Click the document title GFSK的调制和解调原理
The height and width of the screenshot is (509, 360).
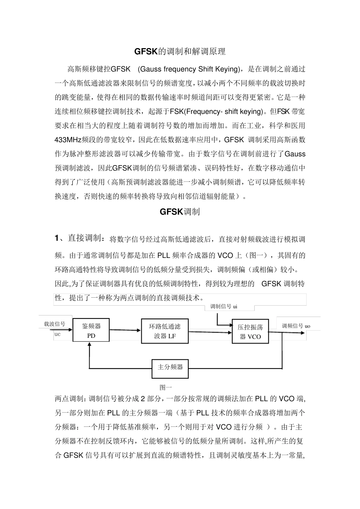coord(180,52)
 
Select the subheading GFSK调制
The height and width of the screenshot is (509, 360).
coord(180,212)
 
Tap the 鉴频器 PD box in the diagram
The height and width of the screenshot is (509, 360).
coord(91,331)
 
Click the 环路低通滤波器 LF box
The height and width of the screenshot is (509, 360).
coord(165,331)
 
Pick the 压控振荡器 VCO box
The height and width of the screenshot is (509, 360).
coord(250,332)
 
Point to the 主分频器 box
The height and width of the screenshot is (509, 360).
coord(170,367)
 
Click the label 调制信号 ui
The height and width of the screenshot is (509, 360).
coord(224,307)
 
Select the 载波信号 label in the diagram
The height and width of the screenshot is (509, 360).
coord(55,324)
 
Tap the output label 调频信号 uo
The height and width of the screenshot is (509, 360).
coord(296,326)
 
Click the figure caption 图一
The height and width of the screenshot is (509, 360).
coord(166,387)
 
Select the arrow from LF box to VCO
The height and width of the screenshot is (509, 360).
coord(210,332)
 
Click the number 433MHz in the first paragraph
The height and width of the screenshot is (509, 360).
coord(69,139)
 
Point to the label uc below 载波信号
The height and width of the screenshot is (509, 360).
coord(58,334)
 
